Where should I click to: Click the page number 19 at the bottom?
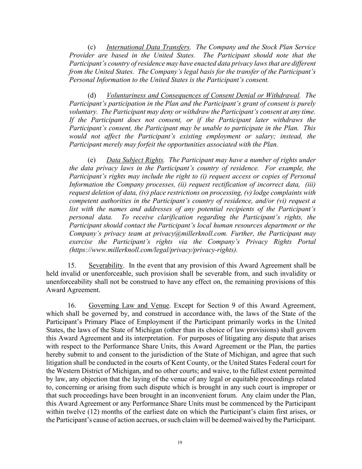point(179,443)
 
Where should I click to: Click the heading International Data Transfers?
point(148,47)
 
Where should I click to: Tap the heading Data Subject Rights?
point(135,160)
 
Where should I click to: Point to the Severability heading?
point(106,265)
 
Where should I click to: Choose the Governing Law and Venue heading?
point(129,305)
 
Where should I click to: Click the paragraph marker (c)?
point(92,47)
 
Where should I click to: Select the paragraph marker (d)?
point(92,95)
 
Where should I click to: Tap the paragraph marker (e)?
point(92,160)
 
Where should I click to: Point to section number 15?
point(71,265)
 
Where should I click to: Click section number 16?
point(71,305)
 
